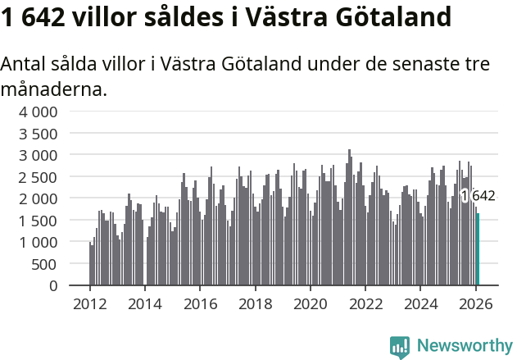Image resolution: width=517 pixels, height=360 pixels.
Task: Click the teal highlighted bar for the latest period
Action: (x=478, y=249)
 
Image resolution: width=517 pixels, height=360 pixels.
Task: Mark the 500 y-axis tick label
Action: (x=46, y=264)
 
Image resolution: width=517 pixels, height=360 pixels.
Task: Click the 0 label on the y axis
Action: (x=53, y=285)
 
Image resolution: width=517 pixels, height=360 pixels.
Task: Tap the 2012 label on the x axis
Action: (x=89, y=303)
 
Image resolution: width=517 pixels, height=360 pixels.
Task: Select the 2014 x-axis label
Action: (x=144, y=303)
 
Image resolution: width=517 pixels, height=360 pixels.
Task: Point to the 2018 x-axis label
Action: (x=255, y=303)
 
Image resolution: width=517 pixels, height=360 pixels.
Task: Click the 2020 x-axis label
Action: (x=310, y=303)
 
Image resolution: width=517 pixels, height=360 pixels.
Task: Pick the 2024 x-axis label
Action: (x=420, y=303)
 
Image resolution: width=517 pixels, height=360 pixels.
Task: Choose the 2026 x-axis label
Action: (x=475, y=303)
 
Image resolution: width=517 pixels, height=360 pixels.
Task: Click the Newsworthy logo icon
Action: (x=400, y=347)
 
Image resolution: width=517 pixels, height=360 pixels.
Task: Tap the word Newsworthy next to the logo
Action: (x=464, y=347)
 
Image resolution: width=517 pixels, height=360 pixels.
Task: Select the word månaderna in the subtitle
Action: (x=54, y=89)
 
